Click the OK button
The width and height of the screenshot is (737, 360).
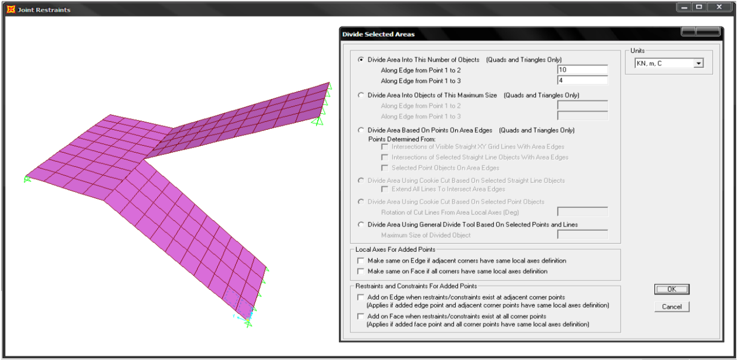coord(672,289)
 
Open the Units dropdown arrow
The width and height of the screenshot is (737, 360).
coord(698,63)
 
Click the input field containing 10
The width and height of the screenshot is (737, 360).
coord(582,69)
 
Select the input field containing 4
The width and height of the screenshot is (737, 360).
coord(582,80)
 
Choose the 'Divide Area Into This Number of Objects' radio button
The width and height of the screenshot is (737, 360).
coord(361,60)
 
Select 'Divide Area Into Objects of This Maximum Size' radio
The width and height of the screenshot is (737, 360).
coord(361,95)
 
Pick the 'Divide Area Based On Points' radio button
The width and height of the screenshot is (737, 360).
coord(361,130)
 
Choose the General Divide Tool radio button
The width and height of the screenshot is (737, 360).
coord(361,224)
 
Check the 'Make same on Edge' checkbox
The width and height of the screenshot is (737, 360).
coord(361,261)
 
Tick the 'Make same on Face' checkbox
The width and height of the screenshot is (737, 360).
coord(361,271)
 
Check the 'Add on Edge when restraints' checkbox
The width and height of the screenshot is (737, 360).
coord(361,297)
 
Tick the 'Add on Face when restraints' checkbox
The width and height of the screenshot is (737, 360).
coord(361,316)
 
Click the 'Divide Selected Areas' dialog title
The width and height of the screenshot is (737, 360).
coord(378,34)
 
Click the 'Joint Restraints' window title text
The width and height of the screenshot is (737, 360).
coord(44,10)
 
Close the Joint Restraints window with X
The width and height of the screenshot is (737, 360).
coord(719,7)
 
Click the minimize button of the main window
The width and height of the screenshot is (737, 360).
coord(685,7)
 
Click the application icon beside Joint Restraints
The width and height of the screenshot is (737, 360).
coord(11,9)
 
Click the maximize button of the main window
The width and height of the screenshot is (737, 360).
coord(699,7)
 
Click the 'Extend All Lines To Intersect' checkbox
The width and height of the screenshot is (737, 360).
coord(384,189)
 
